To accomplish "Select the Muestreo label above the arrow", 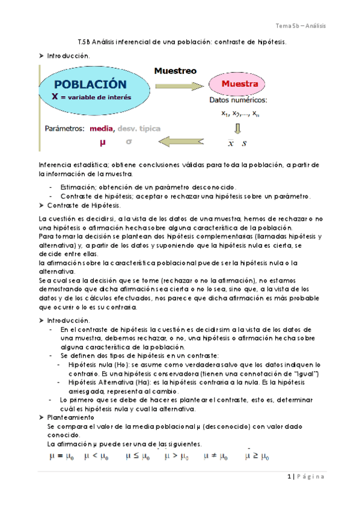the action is pyautogui.click(x=175, y=70).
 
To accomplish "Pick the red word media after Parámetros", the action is pyautogui.click(x=101, y=129).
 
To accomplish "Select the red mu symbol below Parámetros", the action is pyautogui.click(x=102, y=143).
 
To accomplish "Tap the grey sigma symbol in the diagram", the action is pyautogui.click(x=129, y=142).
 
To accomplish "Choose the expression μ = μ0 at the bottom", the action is pyautogui.click(x=62, y=456).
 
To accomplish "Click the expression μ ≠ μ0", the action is pyautogui.click(x=216, y=456).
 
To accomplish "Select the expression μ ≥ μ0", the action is pyautogui.click(x=257, y=456).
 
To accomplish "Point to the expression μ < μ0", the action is pyautogui.click(x=97, y=456).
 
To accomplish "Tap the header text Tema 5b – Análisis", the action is pyautogui.click(x=300, y=26).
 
